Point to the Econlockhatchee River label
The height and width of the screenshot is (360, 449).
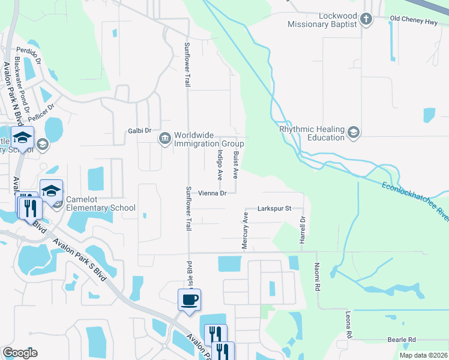[414, 200]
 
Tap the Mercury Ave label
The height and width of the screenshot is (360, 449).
[245, 230]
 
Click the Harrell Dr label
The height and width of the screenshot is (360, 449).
[303, 230]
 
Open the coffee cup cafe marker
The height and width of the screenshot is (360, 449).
[189, 299]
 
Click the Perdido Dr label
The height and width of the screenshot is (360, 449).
[28, 56]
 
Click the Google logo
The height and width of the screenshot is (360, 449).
[20, 352]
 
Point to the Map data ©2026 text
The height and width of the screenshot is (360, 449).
[423, 355]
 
